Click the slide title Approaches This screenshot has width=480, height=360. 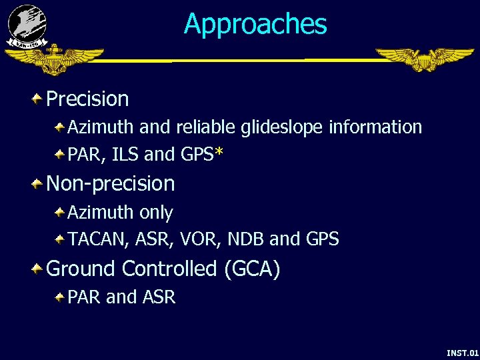[x=255, y=24]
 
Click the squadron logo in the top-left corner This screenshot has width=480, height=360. [x=27, y=25]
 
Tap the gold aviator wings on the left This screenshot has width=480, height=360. [x=54, y=61]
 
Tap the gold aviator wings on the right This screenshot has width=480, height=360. [x=424, y=60]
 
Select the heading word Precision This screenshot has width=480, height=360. [x=87, y=99]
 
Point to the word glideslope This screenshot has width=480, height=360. [x=287, y=127]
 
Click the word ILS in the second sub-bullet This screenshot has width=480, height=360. [x=126, y=155]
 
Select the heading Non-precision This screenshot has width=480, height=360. [x=111, y=183]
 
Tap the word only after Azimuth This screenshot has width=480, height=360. [x=156, y=213]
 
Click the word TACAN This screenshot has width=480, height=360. [x=93, y=239]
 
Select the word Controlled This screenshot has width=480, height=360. [x=170, y=269]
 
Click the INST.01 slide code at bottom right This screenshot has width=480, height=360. [x=462, y=352]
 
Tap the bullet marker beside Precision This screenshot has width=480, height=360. [x=39, y=99]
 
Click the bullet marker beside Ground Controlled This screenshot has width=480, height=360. [x=39, y=269]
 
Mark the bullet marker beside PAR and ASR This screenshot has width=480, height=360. [x=60, y=297]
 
